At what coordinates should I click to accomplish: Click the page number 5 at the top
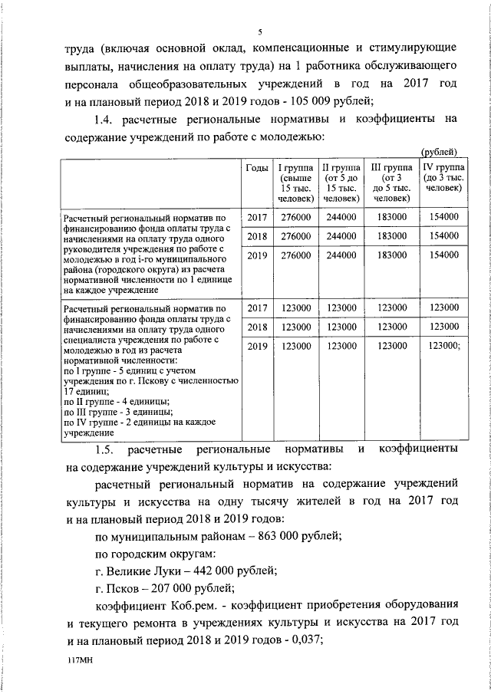(260, 31)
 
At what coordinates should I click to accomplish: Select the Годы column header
(255, 169)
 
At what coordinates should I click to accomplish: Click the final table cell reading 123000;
(447, 347)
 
